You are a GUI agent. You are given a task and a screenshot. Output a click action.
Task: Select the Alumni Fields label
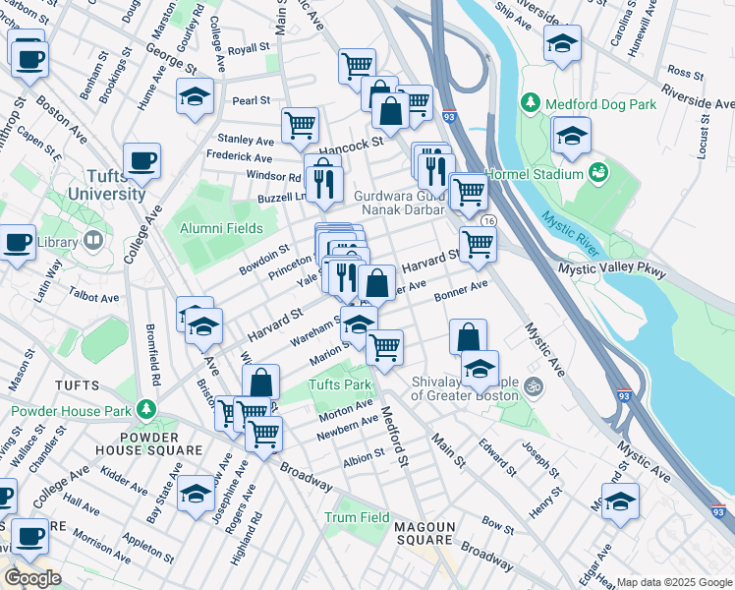[x=221, y=228]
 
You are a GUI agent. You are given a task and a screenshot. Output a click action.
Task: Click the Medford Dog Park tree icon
[x=532, y=103]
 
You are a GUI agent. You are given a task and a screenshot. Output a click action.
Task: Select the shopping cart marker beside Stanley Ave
[x=299, y=125]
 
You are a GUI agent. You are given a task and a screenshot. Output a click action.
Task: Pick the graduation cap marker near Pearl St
[x=196, y=96]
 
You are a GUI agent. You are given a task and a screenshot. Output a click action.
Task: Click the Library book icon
[x=92, y=240]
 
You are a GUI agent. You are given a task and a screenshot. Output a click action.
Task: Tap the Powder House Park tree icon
[x=146, y=408]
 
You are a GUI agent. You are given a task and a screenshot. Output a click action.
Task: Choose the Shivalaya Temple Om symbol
[x=533, y=384]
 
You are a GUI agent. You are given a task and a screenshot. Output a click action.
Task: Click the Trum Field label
[x=358, y=517]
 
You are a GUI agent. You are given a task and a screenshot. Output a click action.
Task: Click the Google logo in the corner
[x=32, y=578]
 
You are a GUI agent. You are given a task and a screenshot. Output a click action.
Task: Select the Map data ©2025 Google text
[x=673, y=582]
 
